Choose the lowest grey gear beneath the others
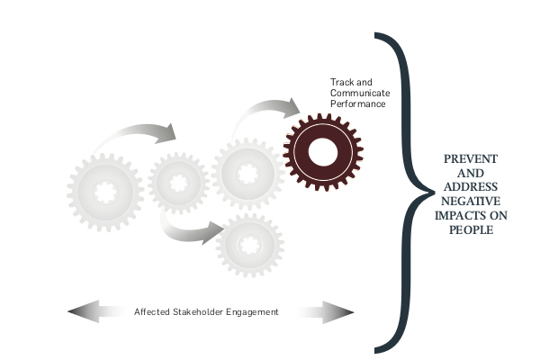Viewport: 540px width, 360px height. pos(249,244)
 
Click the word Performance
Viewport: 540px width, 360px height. pos(357,103)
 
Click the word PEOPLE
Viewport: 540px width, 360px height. pos(472,229)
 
